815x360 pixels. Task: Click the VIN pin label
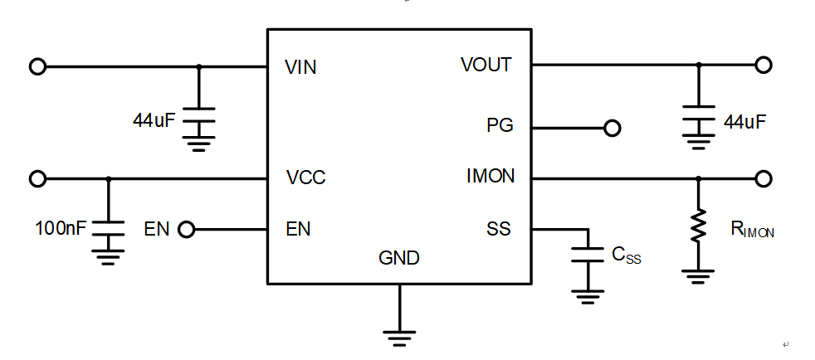tap(300, 67)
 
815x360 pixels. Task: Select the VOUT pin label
tap(486, 65)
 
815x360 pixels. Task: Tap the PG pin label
tap(500, 125)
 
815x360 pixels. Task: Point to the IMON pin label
tap(490, 177)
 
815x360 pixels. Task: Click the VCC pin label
tap(305, 178)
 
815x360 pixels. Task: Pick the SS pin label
tap(499, 229)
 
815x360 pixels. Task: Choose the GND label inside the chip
tap(399, 258)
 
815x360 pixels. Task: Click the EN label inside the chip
tap(298, 229)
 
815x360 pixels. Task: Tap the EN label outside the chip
tap(157, 229)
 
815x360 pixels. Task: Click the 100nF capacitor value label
tap(61, 228)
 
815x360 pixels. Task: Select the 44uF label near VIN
tap(154, 121)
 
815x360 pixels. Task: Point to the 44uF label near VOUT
tap(744, 122)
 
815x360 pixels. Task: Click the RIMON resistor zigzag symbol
tap(699, 226)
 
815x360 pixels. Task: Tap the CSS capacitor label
tap(627, 255)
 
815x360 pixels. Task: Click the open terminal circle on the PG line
tap(612, 128)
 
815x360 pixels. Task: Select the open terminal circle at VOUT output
tap(764, 65)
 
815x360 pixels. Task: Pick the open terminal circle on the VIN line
tap(37, 67)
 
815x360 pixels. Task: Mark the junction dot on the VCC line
tap(108, 178)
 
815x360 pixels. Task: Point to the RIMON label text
tap(753, 230)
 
